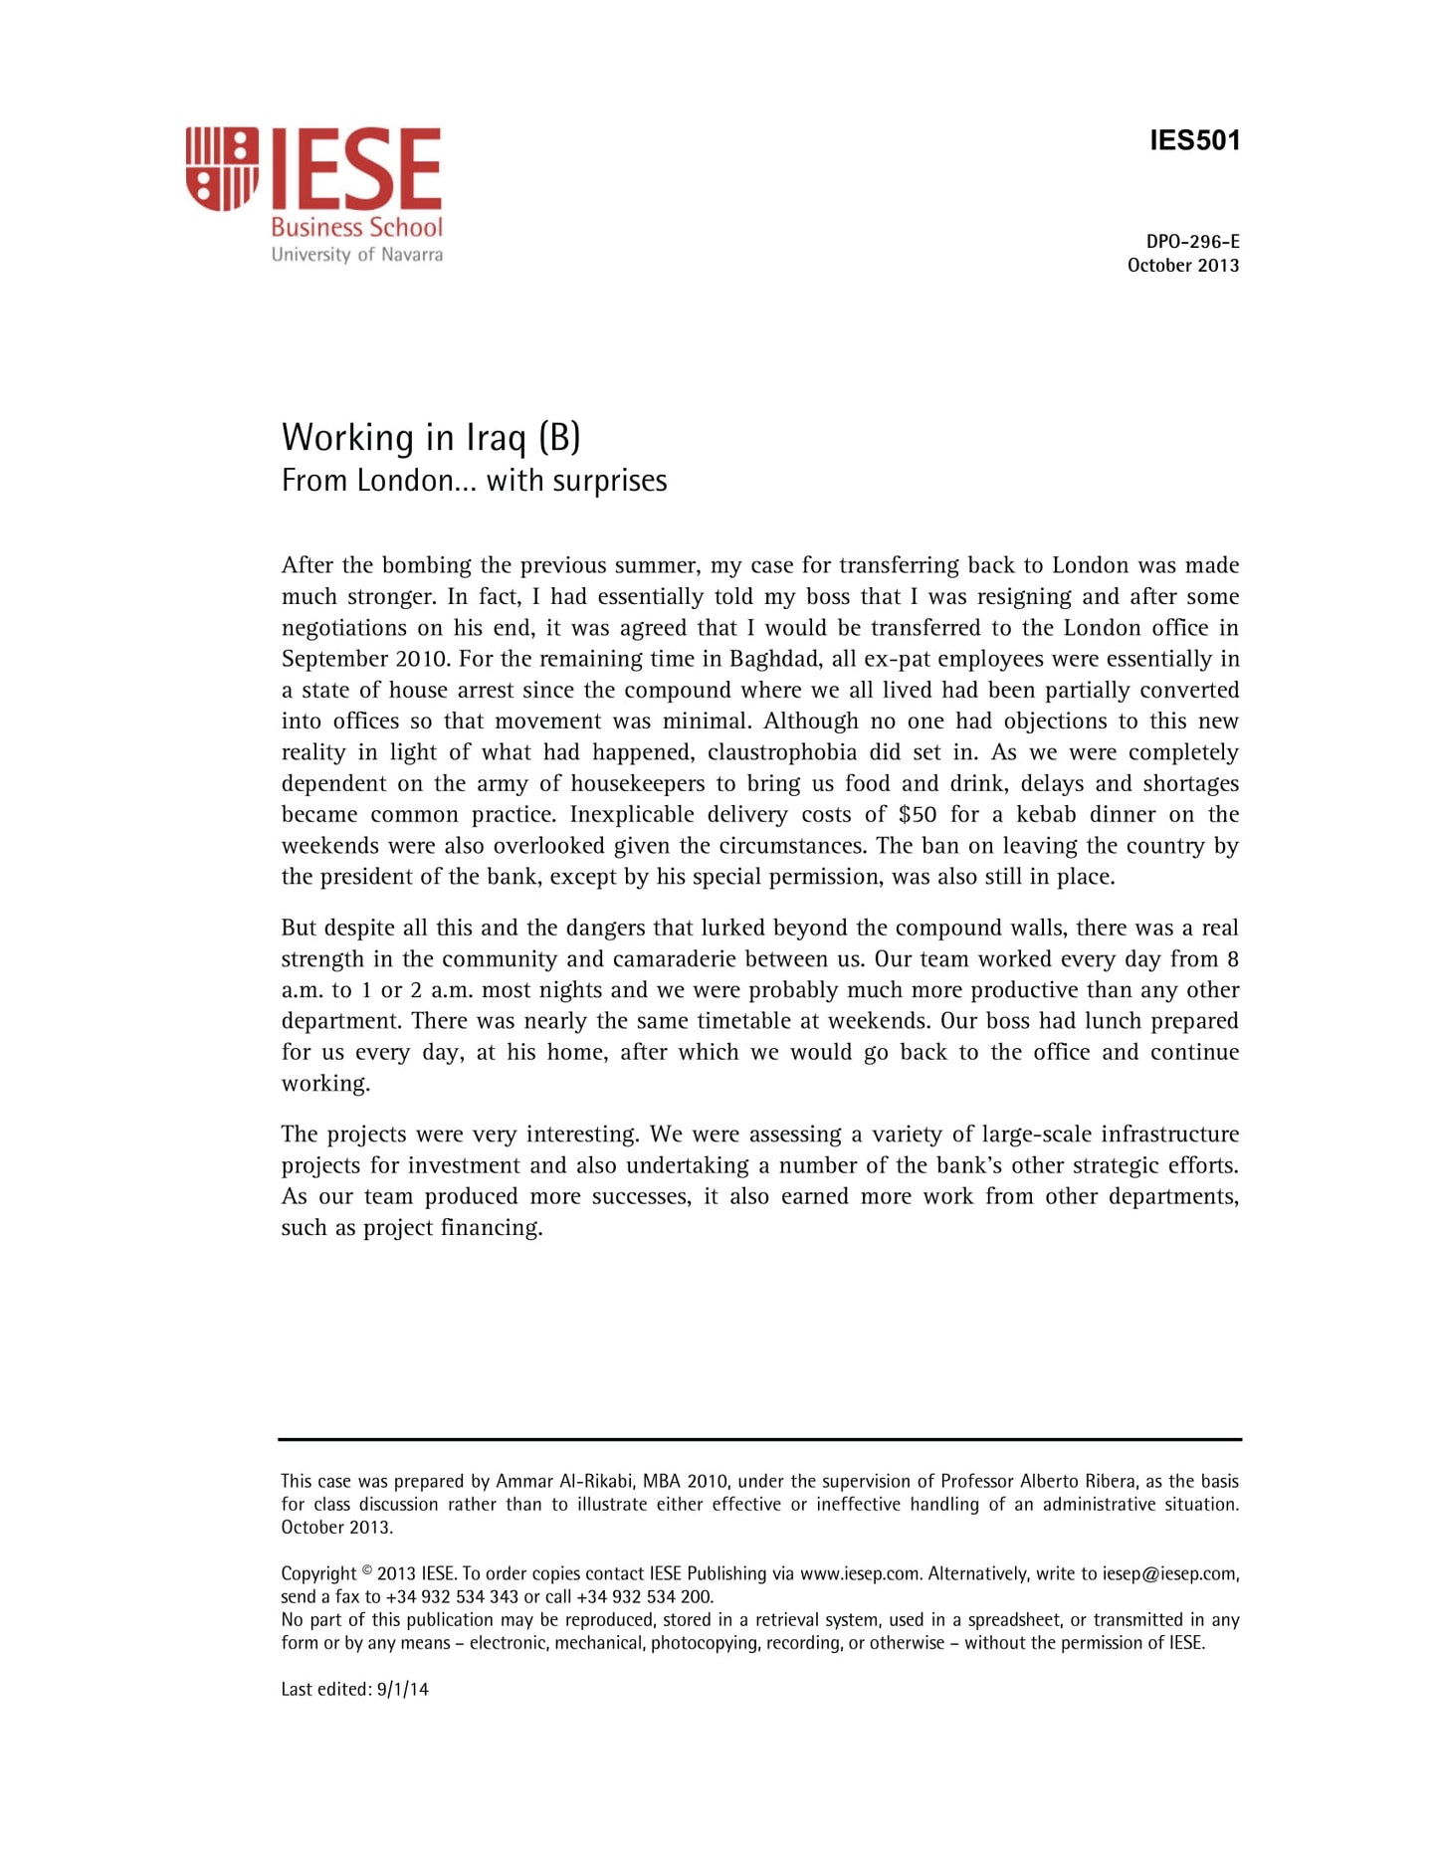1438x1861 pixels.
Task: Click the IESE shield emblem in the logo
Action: [x=222, y=168]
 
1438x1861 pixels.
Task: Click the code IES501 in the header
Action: [x=1194, y=140]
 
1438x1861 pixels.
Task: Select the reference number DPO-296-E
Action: [x=1192, y=242]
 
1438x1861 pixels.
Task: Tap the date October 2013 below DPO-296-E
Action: [x=1182, y=266]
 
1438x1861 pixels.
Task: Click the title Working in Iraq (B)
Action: [x=431, y=438]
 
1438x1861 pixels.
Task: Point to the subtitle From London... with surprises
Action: [x=474, y=482]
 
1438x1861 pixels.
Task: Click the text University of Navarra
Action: [x=356, y=255]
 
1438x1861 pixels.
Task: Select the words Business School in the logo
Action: [x=356, y=228]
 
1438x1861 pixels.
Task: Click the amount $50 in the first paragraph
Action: [x=917, y=815]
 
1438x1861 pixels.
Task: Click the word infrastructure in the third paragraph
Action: [x=1169, y=1135]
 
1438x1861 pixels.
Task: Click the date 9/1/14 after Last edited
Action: [x=403, y=1689]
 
